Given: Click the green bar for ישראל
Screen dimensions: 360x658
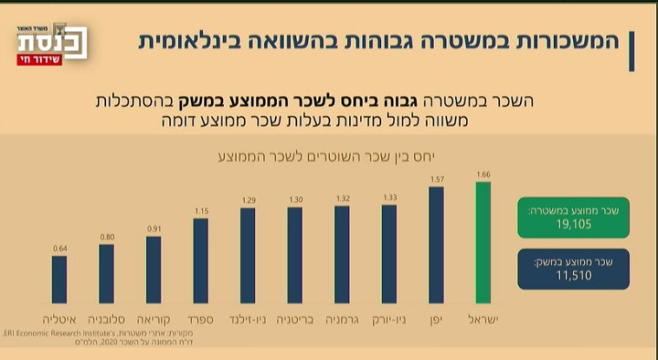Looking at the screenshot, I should point(484,243).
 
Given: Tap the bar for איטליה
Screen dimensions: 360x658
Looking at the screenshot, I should point(59,279).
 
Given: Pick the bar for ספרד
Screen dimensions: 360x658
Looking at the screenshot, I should point(201,260).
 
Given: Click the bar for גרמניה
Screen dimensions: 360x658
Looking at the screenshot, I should point(342,254).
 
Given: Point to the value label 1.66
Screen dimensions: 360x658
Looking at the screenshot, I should point(484,174).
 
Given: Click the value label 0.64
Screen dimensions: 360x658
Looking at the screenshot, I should point(59,249).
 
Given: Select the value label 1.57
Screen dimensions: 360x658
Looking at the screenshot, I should point(437,180).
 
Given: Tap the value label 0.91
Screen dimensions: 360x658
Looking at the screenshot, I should point(154,230).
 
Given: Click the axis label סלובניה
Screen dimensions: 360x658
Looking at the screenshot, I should point(106,319).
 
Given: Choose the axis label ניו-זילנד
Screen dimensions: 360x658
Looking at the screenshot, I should point(248,319).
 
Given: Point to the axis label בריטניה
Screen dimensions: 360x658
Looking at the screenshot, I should point(295,319).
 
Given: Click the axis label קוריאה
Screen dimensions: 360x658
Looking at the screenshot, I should point(154,319).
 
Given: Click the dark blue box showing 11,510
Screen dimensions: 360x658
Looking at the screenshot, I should point(573,269).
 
